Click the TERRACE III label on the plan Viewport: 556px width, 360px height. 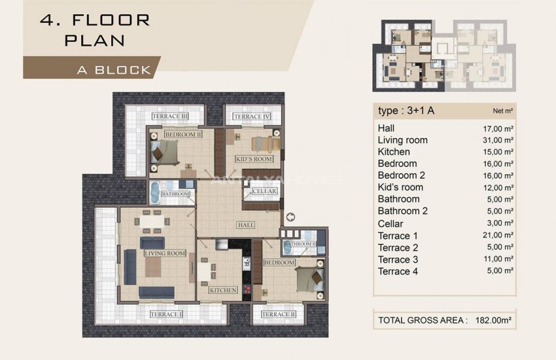coord(170,117)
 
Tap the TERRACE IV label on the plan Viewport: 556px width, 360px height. coord(252,117)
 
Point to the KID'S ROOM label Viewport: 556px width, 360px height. coord(254,159)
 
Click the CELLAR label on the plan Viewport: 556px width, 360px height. coord(265,191)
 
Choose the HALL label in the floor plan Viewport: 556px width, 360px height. coord(246,225)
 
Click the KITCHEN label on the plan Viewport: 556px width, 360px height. coord(222,289)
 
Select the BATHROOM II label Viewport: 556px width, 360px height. coord(299,244)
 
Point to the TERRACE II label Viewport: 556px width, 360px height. coord(279,315)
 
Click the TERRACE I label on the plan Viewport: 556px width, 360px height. coord(166,315)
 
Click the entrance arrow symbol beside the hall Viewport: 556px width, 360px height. coord(290,217)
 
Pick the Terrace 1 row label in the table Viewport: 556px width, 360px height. coord(398,236)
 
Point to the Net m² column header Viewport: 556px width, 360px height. coord(502,111)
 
